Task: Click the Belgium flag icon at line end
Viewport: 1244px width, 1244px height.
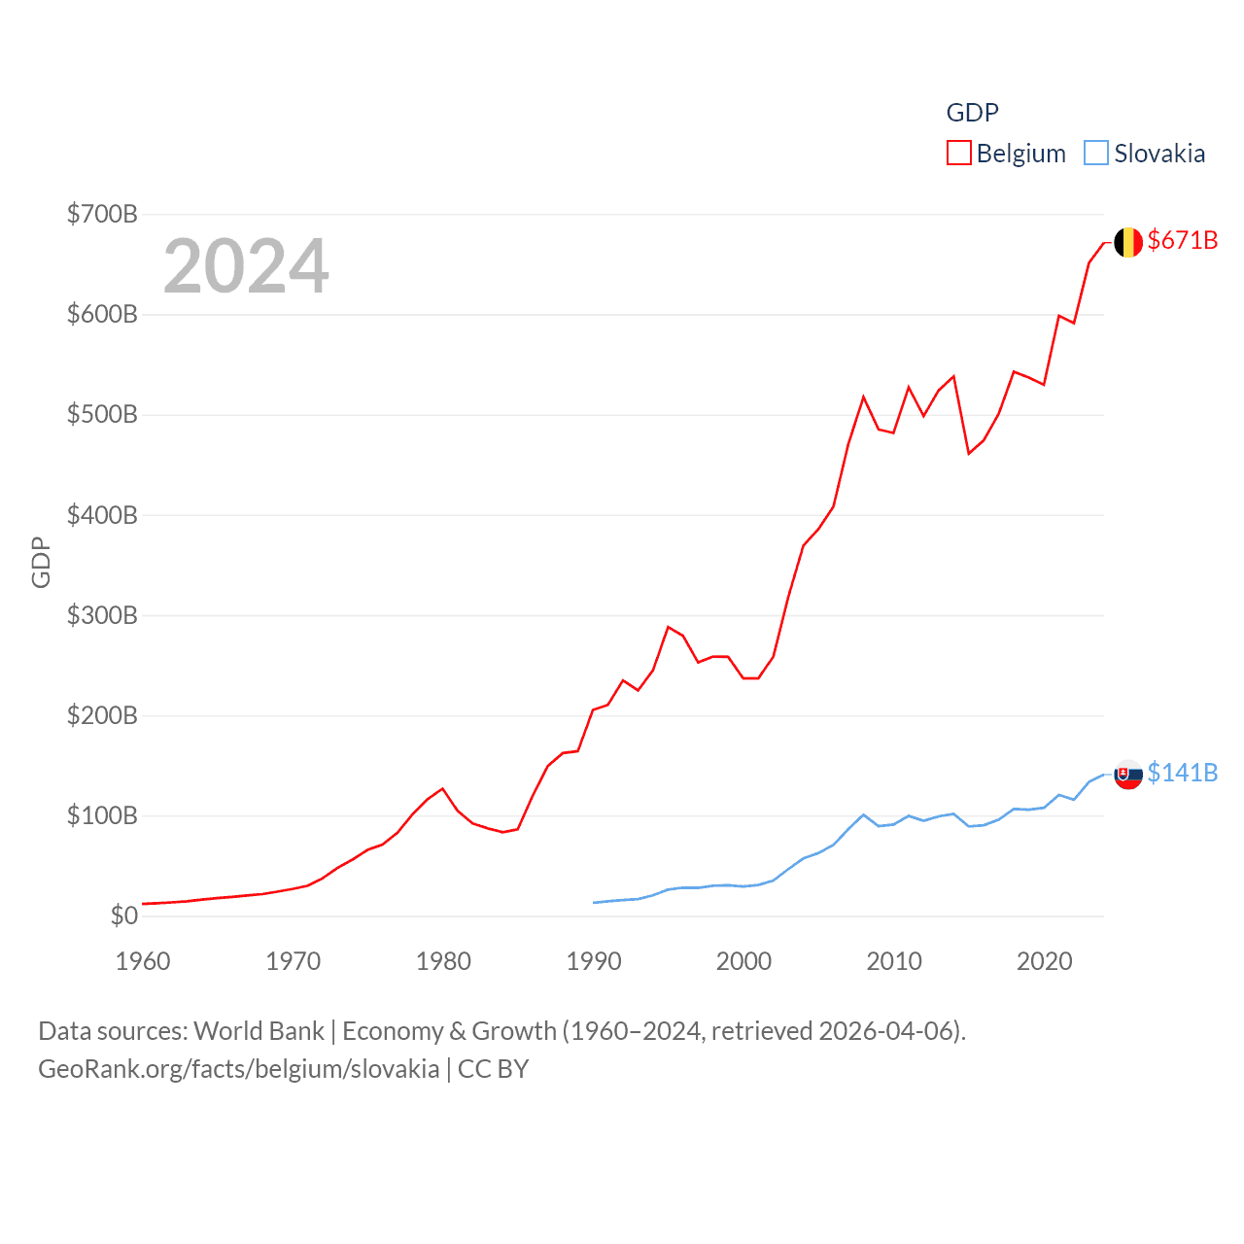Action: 1127,242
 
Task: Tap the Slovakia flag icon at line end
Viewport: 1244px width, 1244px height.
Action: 1127,775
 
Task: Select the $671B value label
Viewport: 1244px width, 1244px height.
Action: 1182,240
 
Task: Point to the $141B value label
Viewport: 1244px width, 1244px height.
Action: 1182,773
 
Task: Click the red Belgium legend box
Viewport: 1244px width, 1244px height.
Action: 959,154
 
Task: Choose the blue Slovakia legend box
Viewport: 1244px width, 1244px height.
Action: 1096,154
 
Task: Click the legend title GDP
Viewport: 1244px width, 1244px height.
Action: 972,113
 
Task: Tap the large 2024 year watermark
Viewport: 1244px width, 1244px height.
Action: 246,266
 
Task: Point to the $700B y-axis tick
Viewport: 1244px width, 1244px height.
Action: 102,214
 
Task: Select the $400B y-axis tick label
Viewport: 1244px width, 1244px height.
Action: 102,515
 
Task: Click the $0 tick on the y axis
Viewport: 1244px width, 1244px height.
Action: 123,916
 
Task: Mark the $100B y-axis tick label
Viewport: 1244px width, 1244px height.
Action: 102,815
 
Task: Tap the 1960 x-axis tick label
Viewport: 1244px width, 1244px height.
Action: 143,961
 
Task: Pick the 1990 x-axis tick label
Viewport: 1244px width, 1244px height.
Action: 594,961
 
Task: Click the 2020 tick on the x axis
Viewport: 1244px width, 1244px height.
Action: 1045,961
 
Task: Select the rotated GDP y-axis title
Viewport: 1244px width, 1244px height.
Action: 41,562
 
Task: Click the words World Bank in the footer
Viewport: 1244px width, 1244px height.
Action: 259,1031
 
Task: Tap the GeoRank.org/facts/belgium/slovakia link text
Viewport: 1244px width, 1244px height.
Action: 238,1069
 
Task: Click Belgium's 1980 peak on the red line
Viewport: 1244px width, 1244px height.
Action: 443,788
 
